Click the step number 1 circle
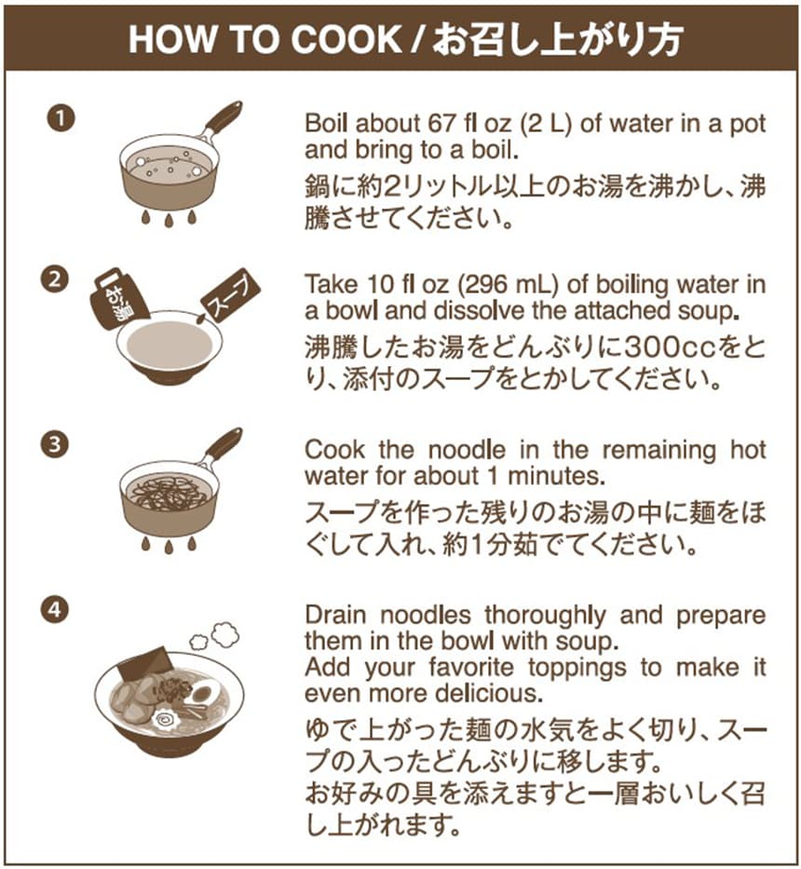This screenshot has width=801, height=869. pyautogui.click(x=61, y=118)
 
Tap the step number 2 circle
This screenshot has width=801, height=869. pyautogui.click(x=54, y=279)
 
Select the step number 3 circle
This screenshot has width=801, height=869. pyautogui.click(x=54, y=445)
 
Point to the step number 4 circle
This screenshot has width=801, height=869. pyautogui.click(x=54, y=609)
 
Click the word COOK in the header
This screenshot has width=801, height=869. pyautogui.click(x=346, y=39)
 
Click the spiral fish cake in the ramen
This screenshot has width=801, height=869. pyautogui.click(x=165, y=720)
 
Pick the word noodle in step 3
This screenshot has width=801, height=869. pyautogui.click(x=467, y=450)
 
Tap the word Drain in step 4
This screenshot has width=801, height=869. pyautogui.click(x=335, y=615)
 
